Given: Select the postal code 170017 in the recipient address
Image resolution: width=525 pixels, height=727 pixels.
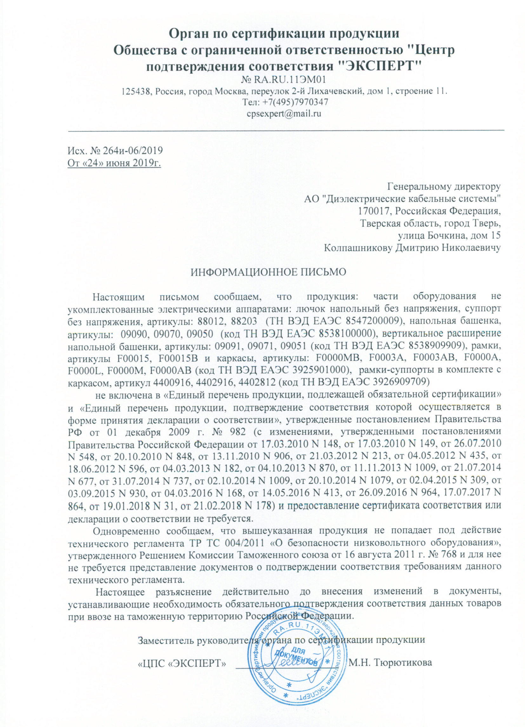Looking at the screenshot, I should tap(375, 211).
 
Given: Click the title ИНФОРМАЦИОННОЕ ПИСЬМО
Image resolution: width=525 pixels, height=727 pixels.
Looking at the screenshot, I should tap(269, 272).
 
